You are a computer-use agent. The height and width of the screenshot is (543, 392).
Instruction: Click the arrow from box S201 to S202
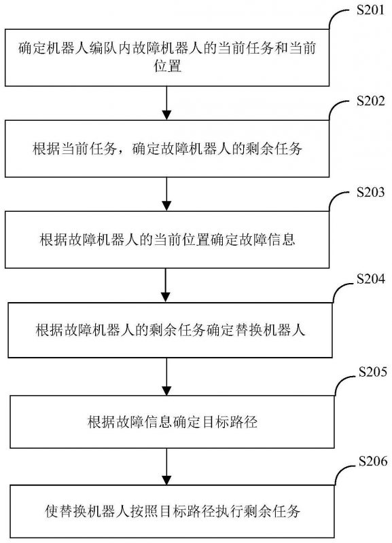click(166, 101)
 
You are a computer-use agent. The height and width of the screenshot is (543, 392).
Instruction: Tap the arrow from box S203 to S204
click(166, 284)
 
